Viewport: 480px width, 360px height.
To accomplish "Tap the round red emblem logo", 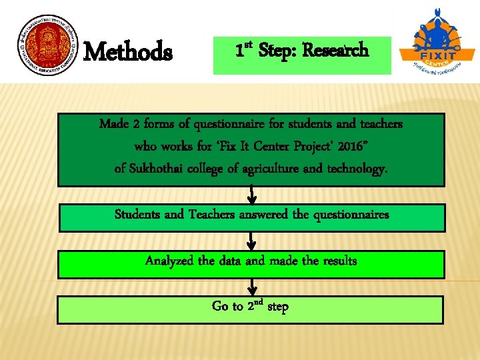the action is (x=47, y=51).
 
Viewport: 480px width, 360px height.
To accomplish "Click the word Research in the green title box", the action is (x=335, y=50).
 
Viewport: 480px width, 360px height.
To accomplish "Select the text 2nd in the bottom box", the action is (x=255, y=306).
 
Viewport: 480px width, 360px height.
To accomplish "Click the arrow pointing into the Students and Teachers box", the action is (x=252, y=195).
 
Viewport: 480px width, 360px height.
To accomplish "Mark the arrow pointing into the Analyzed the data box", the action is (x=252, y=241).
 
